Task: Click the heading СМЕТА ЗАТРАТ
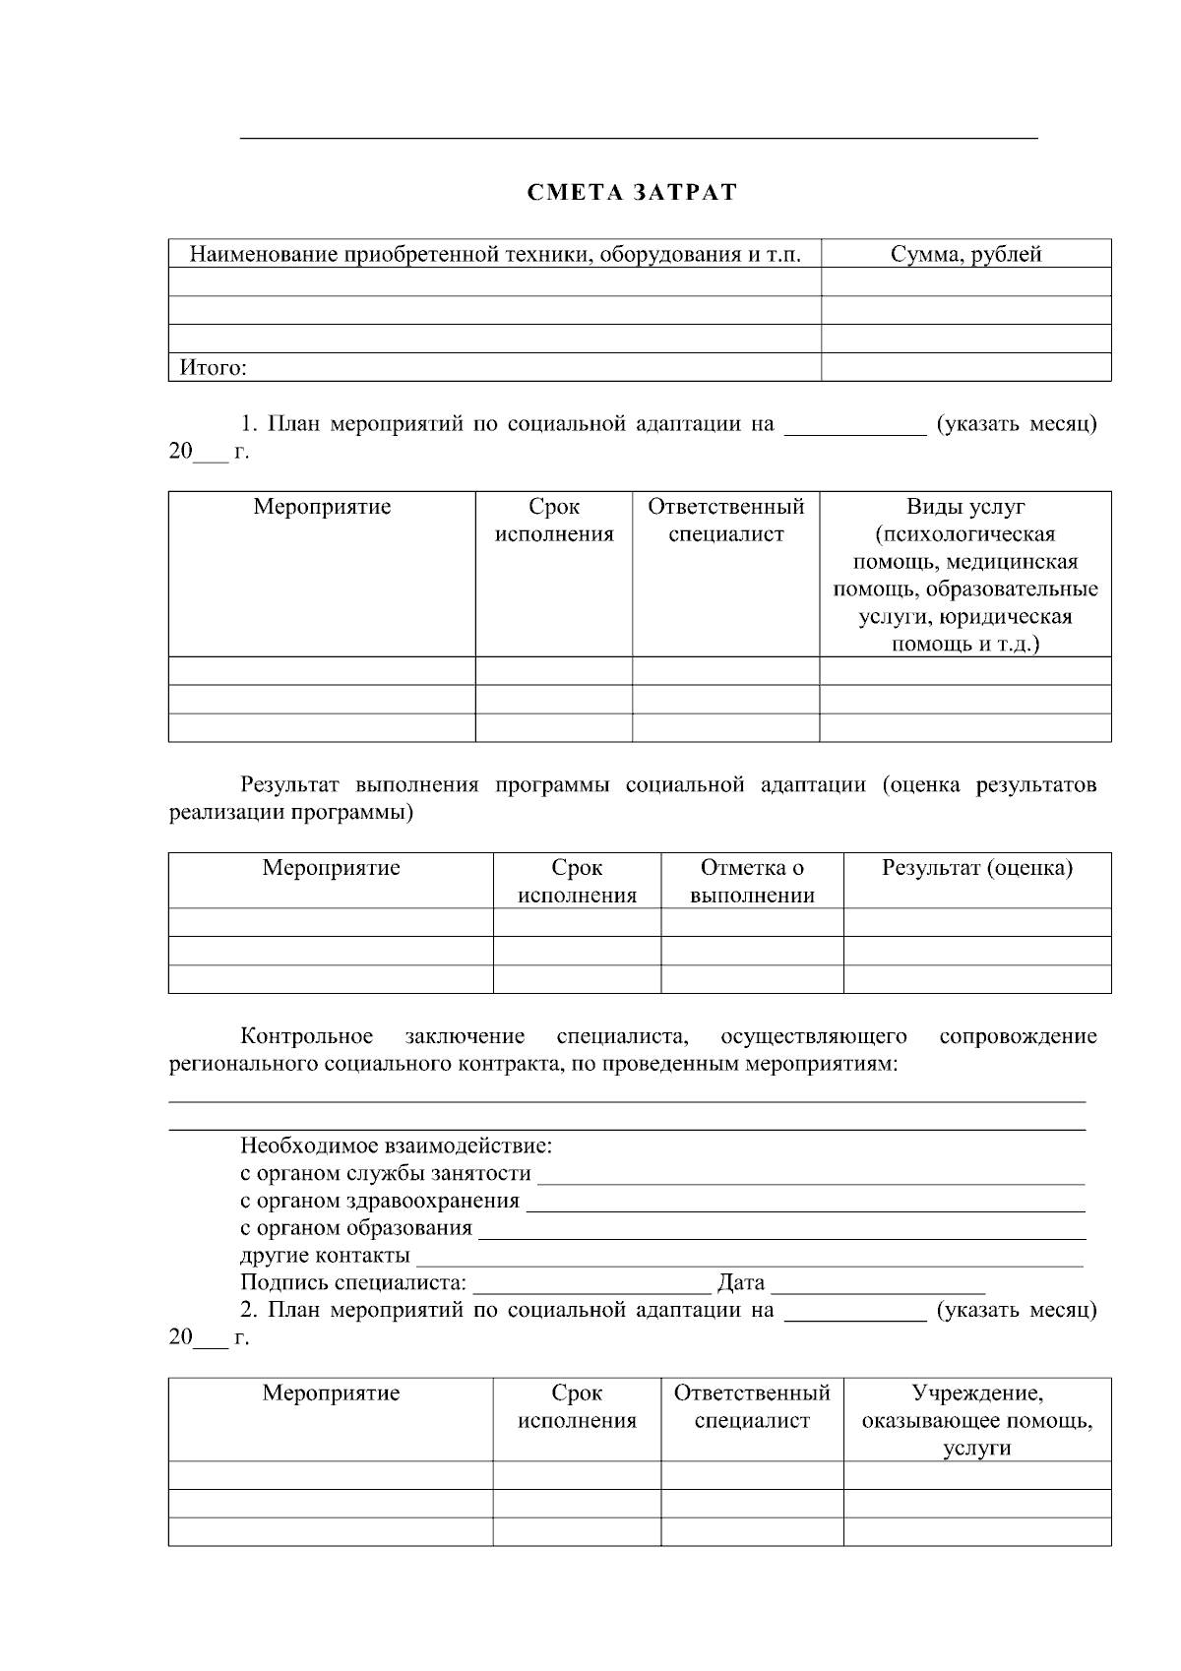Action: click(x=631, y=192)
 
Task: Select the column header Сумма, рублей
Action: click(x=965, y=254)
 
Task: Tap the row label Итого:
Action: click(x=213, y=368)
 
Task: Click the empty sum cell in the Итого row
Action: click(x=965, y=368)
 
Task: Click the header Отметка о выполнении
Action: click(x=752, y=881)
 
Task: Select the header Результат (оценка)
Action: click(x=976, y=868)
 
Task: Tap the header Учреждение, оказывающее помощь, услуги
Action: click(x=976, y=1420)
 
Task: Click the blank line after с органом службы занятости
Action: click(x=811, y=1179)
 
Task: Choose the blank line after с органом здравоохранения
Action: click(x=805, y=1207)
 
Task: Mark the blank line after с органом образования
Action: click(x=781, y=1234)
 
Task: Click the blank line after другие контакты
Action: click(x=750, y=1262)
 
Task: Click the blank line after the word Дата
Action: click(x=878, y=1288)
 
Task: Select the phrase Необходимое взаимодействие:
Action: click(x=396, y=1146)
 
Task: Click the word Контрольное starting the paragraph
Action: click(x=306, y=1036)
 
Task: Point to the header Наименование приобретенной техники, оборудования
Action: click(x=494, y=254)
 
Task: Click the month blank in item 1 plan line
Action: click(x=854, y=430)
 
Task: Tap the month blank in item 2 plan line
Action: click(x=854, y=1316)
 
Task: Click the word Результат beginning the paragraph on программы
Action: click(x=289, y=785)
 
